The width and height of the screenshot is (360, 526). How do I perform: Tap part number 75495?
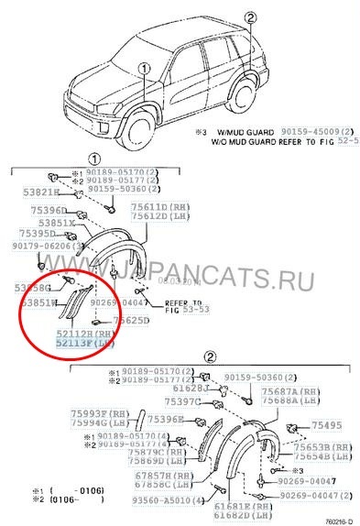[x=324, y=426]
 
